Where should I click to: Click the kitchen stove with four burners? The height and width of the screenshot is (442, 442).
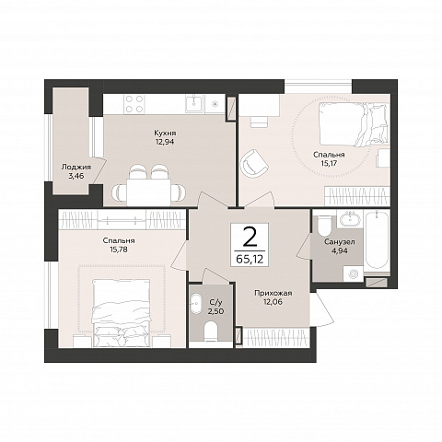coord(134,104)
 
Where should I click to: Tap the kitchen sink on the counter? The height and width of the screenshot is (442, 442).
coord(194,103)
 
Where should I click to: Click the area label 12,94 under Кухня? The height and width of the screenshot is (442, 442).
coord(165,142)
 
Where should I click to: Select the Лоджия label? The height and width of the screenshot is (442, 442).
coord(76,167)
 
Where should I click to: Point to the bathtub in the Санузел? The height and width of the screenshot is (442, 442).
coord(377,240)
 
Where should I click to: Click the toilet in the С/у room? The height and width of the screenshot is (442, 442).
coord(211,331)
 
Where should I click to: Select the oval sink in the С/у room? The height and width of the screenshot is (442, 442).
coord(196,303)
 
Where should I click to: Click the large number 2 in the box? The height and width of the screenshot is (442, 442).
coord(250,238)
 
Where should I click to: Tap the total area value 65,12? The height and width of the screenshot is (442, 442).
coord(250,260)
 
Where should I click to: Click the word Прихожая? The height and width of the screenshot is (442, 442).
coord(273,293)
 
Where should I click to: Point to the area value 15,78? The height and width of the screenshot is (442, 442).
coord(119,250)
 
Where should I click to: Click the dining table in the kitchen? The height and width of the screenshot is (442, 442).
coord(149,192)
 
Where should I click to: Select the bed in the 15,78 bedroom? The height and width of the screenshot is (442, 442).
coord(122,313)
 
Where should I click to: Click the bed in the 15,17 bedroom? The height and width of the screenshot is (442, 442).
coord(355,124)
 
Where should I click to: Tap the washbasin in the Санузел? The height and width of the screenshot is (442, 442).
coord(350,219)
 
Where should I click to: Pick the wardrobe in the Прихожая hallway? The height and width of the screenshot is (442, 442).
coord(275,338)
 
